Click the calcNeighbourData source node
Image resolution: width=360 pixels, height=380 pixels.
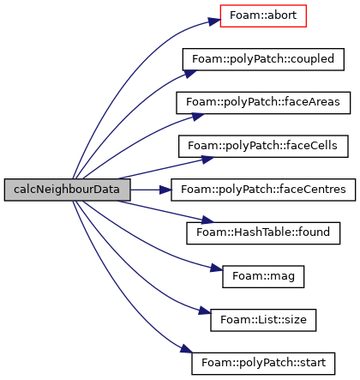68,190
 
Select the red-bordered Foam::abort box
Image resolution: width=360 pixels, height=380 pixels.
263,16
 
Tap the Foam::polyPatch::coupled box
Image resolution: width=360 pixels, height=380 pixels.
263,59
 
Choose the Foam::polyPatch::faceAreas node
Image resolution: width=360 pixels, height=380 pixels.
263,103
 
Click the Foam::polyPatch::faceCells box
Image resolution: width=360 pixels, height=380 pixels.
263,147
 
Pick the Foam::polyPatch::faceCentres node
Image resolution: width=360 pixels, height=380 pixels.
263,190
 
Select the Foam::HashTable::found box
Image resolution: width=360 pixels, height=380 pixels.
263,233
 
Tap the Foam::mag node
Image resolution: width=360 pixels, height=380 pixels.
263,277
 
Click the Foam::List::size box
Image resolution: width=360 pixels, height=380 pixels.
263,320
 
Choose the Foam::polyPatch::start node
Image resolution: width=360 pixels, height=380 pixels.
263,364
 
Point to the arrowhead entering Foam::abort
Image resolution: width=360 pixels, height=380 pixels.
215,21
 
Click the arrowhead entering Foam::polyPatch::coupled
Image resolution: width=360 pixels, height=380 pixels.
190,74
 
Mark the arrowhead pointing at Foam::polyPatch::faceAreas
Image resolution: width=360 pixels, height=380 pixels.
198,117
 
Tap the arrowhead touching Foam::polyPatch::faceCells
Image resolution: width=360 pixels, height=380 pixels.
207,160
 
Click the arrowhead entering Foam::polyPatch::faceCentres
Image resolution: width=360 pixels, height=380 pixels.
165,190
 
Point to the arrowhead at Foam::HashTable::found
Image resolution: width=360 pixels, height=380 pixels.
207,220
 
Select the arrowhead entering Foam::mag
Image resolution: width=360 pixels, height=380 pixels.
217,268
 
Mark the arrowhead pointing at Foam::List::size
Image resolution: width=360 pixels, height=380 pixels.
205,311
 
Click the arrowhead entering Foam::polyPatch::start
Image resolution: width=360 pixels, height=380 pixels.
187,349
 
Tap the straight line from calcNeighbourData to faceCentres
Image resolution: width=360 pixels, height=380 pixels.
145,190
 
